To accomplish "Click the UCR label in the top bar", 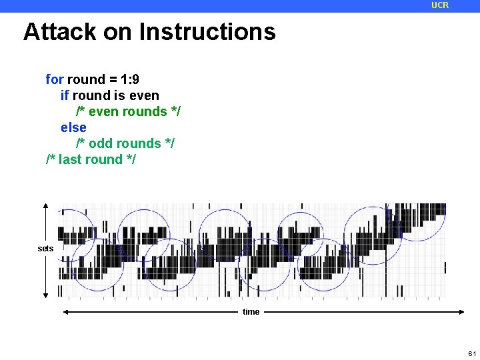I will click(x=440, y=5).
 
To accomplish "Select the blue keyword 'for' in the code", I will click(x=54, y=79).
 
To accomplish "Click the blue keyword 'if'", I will click(x=65, y=95).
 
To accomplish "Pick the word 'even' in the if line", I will click(x=145, y=95).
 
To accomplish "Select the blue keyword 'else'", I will click(x=73, y=127).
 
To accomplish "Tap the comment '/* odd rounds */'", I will click(x=125, y=143).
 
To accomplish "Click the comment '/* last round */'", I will click(x=91, y=159).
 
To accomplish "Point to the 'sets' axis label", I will click(x=45, y=249).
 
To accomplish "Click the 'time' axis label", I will click(x=251, y=312).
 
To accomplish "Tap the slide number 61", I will click(x=472, y=353).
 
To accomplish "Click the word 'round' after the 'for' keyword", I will click(x=86, y=79).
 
